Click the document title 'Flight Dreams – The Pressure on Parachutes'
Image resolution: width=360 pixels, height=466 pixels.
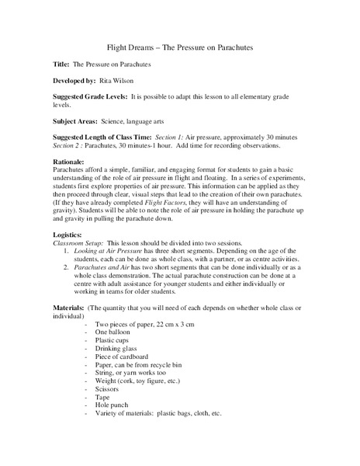179,47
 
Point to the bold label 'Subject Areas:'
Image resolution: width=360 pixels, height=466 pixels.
76,121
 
